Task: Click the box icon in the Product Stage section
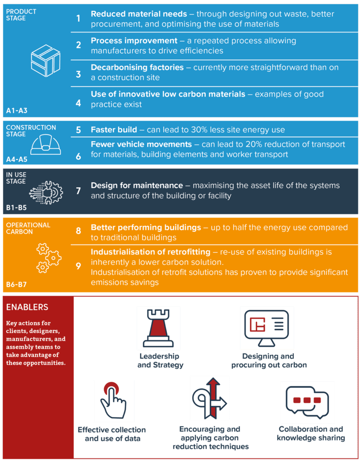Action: (46, 61)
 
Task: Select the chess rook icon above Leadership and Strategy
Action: (158, 328)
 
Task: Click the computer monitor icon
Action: (267, 328)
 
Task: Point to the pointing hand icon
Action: (113, 400)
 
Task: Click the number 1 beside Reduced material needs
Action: (78, 18)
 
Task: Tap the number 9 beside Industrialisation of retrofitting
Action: (78, 266)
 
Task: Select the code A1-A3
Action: (17, 111)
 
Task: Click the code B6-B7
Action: (17, 284)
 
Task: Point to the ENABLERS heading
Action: (27, 307)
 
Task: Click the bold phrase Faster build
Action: (114, 129)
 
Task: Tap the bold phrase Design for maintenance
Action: (137, 185)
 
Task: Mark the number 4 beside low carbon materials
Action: (78, 103)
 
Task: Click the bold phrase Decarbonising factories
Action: (137, 68)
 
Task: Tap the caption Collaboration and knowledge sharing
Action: (311, 434)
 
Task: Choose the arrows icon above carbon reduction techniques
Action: (210, 398)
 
